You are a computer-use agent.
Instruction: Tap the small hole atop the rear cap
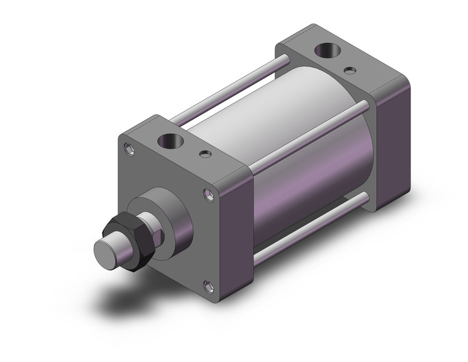(350, 70)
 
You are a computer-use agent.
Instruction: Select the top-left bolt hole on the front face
(129, 149)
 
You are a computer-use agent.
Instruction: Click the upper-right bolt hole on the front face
(209, 195)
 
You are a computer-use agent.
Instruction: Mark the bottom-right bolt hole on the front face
(208, 287)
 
